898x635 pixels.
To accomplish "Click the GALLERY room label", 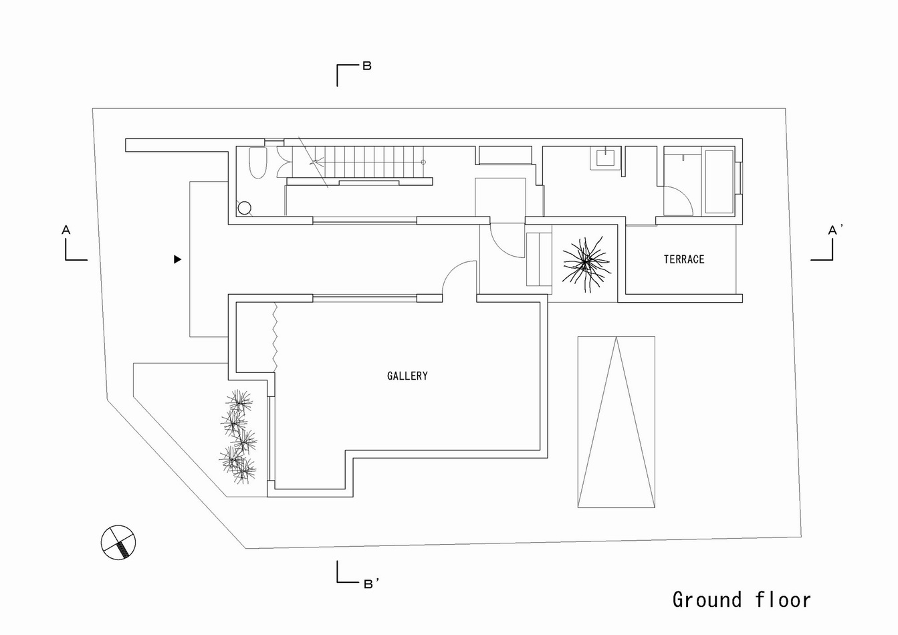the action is (407, 376).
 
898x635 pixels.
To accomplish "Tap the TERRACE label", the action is (684, 259).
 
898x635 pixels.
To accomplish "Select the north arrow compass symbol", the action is (118, 543).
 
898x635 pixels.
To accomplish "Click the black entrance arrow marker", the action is (178, 259).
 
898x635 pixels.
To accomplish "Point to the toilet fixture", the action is (258, 162).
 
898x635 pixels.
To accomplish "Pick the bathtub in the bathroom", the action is (719, 182).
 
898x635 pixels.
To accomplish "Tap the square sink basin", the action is (605, 158).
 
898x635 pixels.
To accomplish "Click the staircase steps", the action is (358, 162).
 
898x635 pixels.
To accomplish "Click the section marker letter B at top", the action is (367, 66).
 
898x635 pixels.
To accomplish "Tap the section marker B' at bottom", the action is (371, 584).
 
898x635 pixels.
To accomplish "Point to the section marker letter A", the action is (66, 230).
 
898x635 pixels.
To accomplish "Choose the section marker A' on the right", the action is (835, 229).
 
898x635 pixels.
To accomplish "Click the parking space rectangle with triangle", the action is (616, 422).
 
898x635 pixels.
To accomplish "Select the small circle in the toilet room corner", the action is (244, 208).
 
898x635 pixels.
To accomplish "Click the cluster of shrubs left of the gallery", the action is (238, 436).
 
